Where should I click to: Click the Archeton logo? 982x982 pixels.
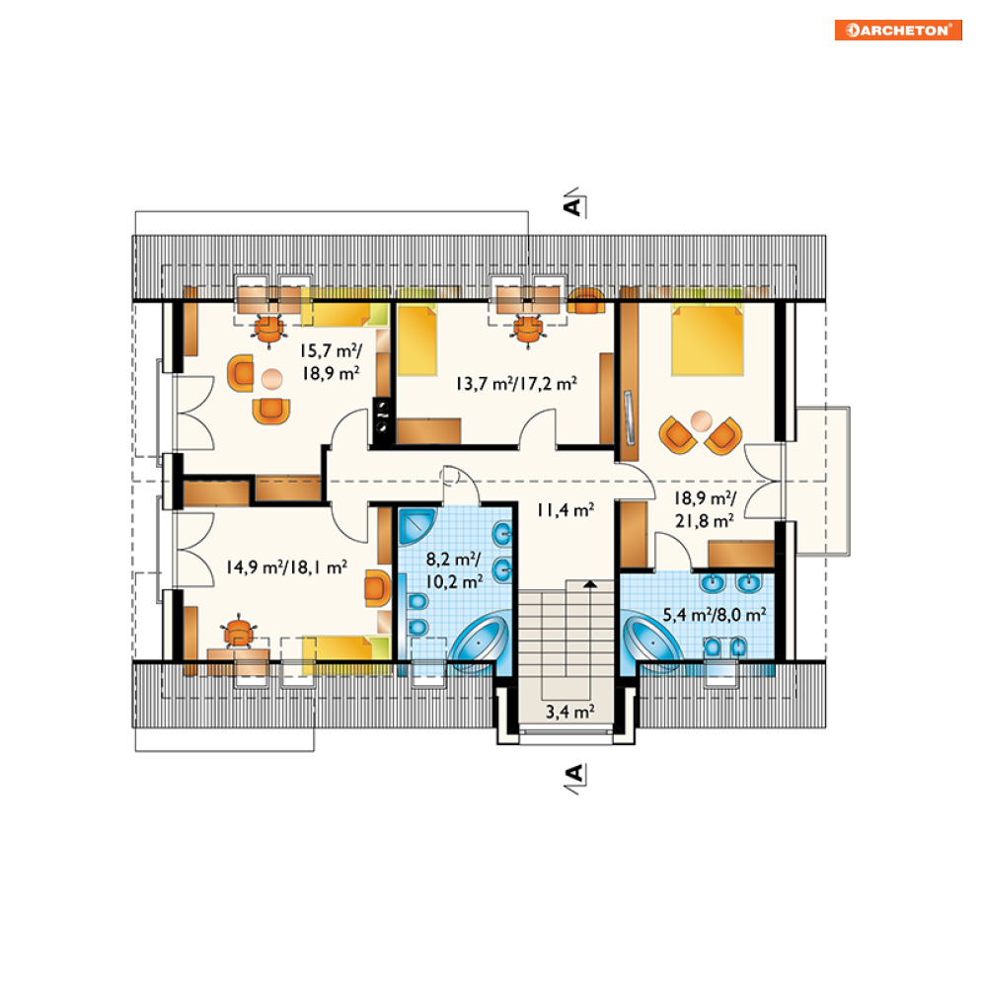pyautogui.click(x=898, y=30)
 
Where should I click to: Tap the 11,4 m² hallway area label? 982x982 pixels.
pyautogui.click(x=566, y=510)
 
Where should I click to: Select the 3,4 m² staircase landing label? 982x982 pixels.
pyautogui.click(x=569, y=712)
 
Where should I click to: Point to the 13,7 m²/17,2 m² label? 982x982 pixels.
pyautogui.click(x=516, y=383)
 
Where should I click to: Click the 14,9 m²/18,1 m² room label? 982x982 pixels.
pyautogui.click(x=286, y=567)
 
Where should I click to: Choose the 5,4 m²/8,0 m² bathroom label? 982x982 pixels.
pyautogui.click(x=714, y=615)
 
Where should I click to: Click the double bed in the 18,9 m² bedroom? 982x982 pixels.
pyautogui.click(x=708, y=340)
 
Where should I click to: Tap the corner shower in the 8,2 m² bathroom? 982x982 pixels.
pyautogui.click(x=415, y=526)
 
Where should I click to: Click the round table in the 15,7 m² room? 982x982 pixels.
pyautogui.click(x=271, y=378)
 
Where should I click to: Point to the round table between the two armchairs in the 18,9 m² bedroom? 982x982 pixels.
pyautogui.click(x=701, y=420)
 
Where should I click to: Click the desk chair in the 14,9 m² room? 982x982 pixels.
pyautogui.click(x=239, y=632)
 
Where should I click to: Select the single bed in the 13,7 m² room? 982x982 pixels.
pyautogui.click(x=417, y=340)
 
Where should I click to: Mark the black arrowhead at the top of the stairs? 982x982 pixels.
pyautogui.click(x=590, y=583)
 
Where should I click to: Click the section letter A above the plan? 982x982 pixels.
pyautogui.click(x=572, y=206)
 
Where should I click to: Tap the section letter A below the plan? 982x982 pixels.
pyautogui.click(x=573, y=774)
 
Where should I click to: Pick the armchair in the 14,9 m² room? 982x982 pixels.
pyautogui.click(x=377, y=588)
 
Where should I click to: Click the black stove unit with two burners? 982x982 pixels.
pyautogui.click(x=382, y=419)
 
